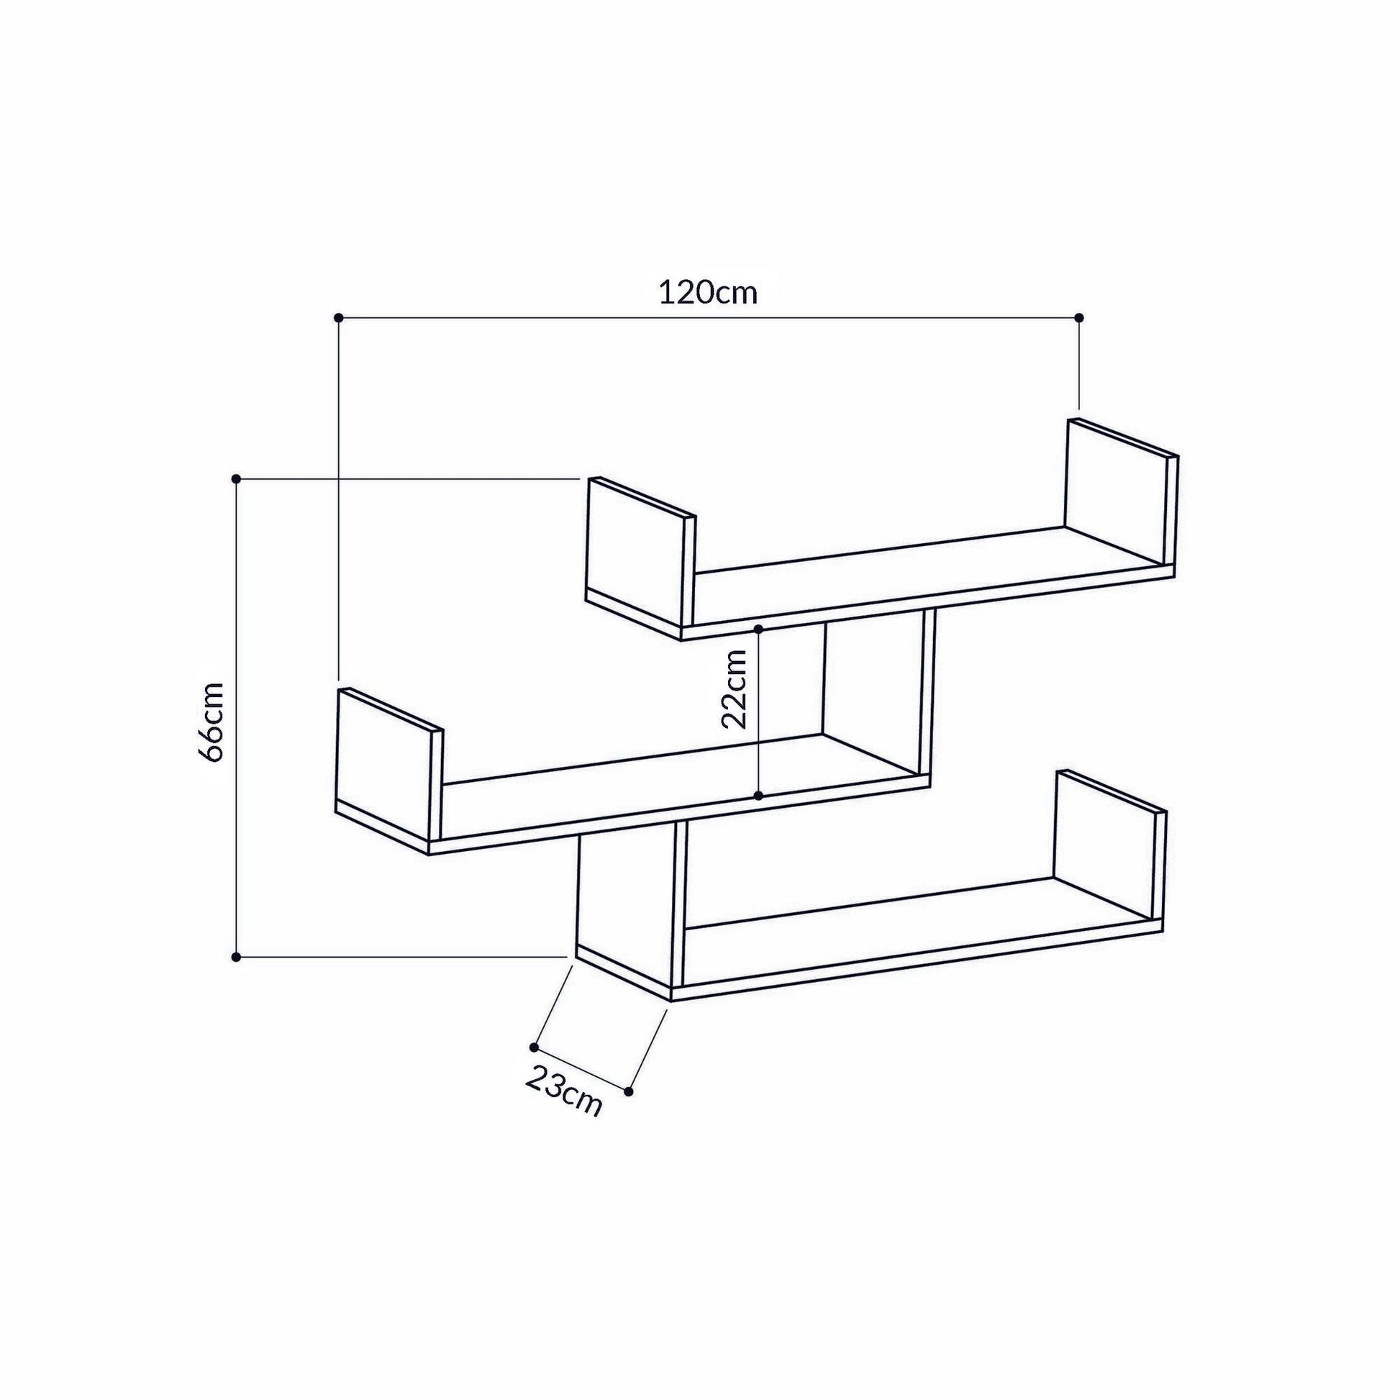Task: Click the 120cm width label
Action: click(707, 293)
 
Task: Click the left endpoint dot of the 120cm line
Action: click(338, 317)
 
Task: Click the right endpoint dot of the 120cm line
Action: click(1079, 317)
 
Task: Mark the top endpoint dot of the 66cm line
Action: click(235, 478)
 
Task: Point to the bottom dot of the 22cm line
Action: click(758, 796)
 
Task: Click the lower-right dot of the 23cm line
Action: click(628, 1091)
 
